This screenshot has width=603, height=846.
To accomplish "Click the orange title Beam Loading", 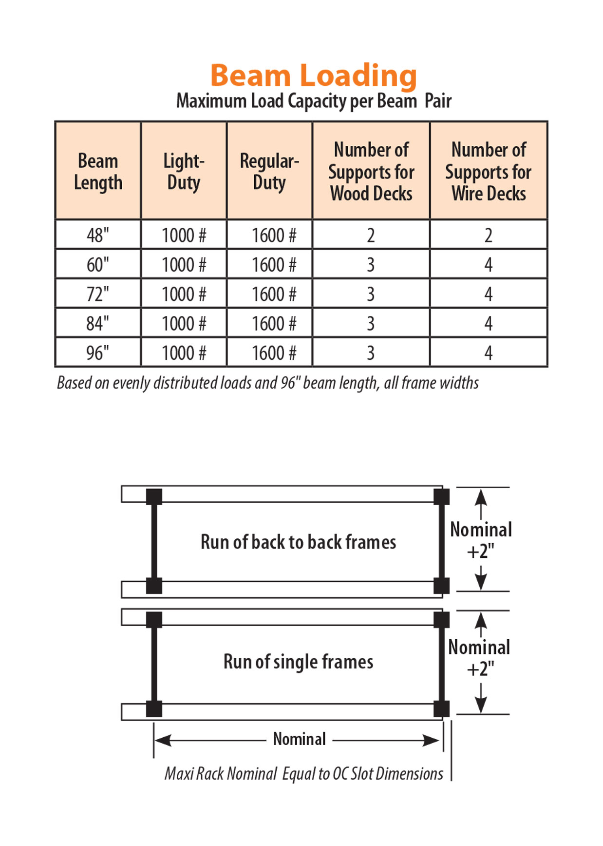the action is [313, 76].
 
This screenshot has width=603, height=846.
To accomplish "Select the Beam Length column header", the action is [98, 171].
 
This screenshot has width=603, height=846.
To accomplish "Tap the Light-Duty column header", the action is [184, 171].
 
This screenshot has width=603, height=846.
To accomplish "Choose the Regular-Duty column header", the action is [269, 171].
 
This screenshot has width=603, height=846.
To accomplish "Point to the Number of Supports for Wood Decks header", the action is [371, 171].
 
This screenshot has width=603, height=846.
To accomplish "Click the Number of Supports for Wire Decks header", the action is [489, 171].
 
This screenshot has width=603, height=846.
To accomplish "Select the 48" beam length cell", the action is [98, 235].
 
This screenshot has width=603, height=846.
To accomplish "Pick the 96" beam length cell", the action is [98, 353].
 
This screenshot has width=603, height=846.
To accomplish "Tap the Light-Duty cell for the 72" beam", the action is [184, 294].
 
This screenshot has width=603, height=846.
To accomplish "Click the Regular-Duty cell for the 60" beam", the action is [274, 265].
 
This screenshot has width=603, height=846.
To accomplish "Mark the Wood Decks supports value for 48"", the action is [371, 236].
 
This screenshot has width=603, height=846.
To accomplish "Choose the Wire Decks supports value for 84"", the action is [489, 323].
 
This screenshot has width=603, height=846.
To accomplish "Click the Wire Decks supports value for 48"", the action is [489, 236].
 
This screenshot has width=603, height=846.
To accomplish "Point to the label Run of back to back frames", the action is [299, 542].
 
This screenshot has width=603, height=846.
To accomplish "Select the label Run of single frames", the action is [299, 662].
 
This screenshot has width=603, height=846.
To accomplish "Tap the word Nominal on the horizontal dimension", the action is [299, 739].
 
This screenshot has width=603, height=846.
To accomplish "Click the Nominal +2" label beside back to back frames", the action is [481, 540].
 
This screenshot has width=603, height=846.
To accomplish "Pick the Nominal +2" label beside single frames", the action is [479, 658].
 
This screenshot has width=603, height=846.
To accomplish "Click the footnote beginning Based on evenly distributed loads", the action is [268, 383].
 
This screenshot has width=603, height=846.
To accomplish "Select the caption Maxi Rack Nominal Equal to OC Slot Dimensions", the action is [304, 773].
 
